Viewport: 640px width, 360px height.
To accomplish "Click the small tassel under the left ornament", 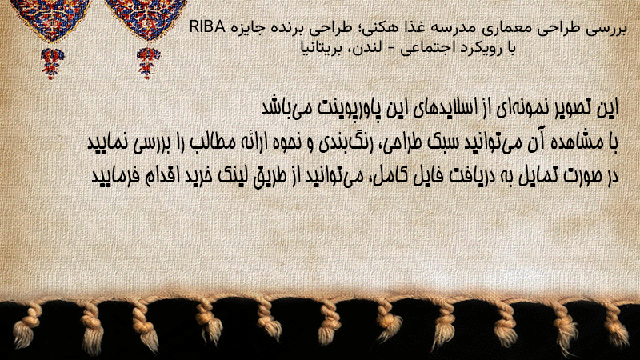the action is click(51, 63).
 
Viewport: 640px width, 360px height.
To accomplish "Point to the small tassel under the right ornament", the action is click(148, 63).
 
